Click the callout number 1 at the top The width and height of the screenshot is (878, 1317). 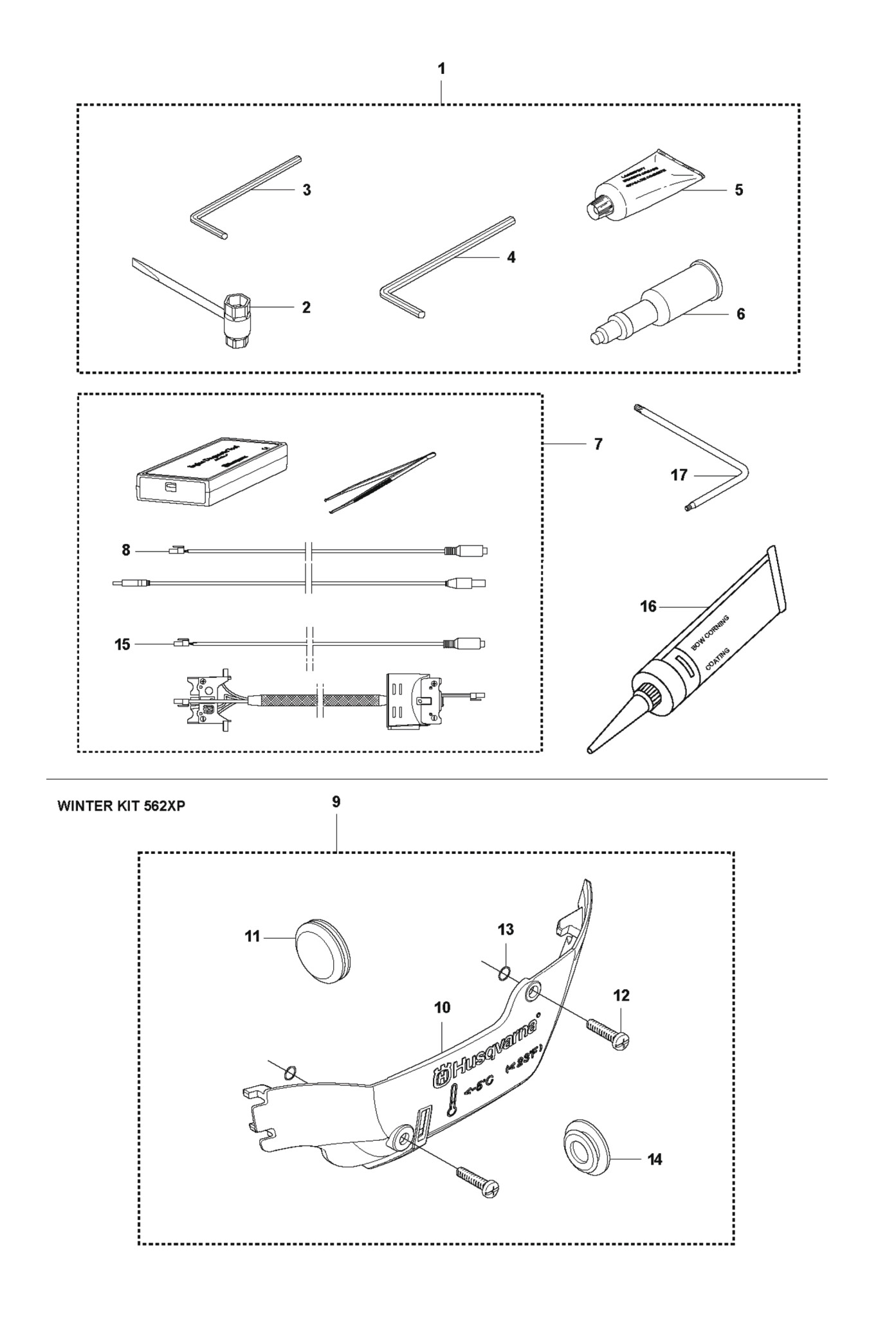pyautogui.click(x=441, y=69)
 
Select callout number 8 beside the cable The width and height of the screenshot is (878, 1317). pyautogui.click(x=126, y=550)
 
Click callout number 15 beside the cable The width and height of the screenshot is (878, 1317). pyautogui.click(x=122, y=644)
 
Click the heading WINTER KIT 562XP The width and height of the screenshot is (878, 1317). pyautogui.click(x=122, y=806)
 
